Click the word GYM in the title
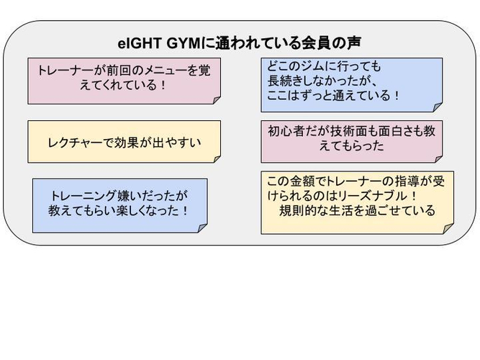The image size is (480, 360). pyautogui.click(x=184, y=43)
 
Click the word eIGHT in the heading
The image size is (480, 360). pyautogui.click(x=140, y=43)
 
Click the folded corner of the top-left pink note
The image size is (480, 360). pyautogui.click(x=217, y=100)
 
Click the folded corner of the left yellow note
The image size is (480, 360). pyautogui.click(x=217, y=158)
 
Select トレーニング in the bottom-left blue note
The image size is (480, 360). pyautogui.click(x=83, y=196)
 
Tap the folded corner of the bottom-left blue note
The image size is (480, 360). pyautogui.click(x=203, y=228)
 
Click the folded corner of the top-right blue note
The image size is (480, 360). pyautogui.click(x=438, y=107)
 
